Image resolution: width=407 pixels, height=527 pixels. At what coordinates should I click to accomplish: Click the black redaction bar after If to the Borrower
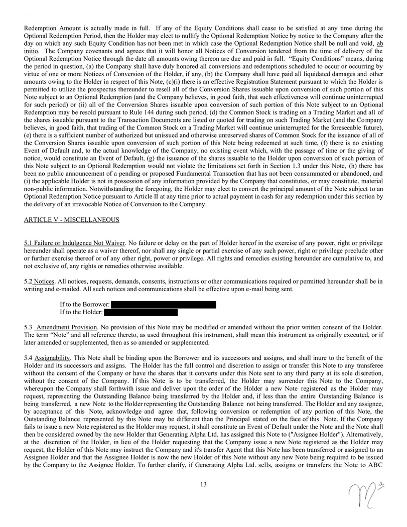pos(163,305)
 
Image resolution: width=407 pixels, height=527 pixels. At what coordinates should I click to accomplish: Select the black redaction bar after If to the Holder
pos(141,312)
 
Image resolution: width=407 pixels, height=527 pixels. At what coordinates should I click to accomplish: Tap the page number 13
pos(203,484)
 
